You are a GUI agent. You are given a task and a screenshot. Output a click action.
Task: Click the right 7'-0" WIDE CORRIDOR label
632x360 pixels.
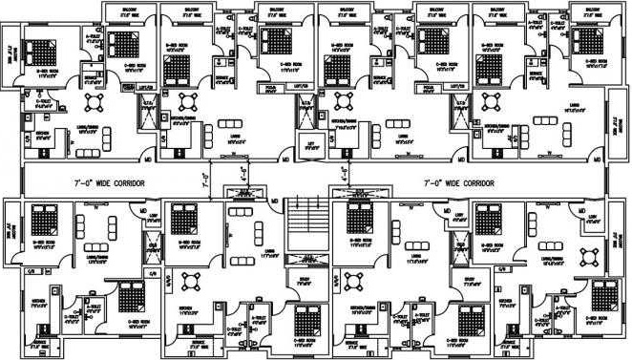click(460, 181)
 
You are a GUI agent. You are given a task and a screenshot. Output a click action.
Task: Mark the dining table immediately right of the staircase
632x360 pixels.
click(355, 285)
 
